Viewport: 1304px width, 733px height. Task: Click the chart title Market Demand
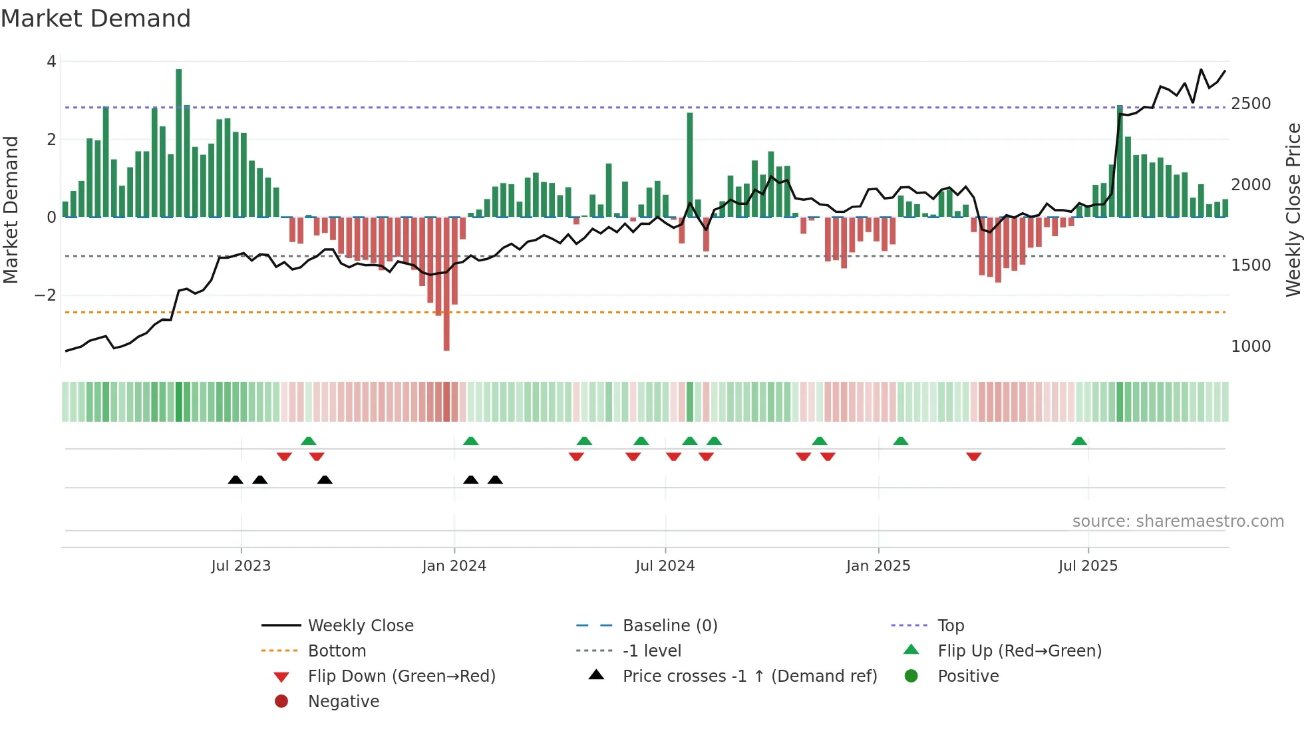pos(96,19)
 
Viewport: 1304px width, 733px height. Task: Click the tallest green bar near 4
pos(178,143)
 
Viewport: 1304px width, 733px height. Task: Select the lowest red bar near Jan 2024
pos(446,284)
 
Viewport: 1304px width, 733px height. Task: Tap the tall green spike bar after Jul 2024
pos(690,165)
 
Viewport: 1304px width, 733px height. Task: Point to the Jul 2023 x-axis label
pos(241,566)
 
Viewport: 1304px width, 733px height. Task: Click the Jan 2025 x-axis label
pos(878,566)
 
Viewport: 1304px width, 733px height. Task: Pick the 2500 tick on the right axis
pos(1251,104)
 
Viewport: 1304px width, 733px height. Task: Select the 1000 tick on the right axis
pos(1251,347)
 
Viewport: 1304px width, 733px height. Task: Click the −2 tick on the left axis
pos(45,295)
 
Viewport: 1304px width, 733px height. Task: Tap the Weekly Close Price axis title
pos(1293,210)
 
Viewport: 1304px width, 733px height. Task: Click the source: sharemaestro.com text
pos(1178,521)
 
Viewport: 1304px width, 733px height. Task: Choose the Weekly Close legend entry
pos(360,626)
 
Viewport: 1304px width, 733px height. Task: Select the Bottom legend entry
pos(337,651)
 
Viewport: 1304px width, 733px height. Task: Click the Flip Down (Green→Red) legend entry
pos(401,676)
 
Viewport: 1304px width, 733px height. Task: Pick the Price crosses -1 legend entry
pos(749,676)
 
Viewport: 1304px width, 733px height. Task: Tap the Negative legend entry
pos(343,702)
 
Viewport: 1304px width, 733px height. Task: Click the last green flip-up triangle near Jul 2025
pos(1079,441)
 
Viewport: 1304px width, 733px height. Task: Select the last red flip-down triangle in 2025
pos(974,456)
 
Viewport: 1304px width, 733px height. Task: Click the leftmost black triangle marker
pos(236,480)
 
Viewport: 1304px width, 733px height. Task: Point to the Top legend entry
pos(950,626)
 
